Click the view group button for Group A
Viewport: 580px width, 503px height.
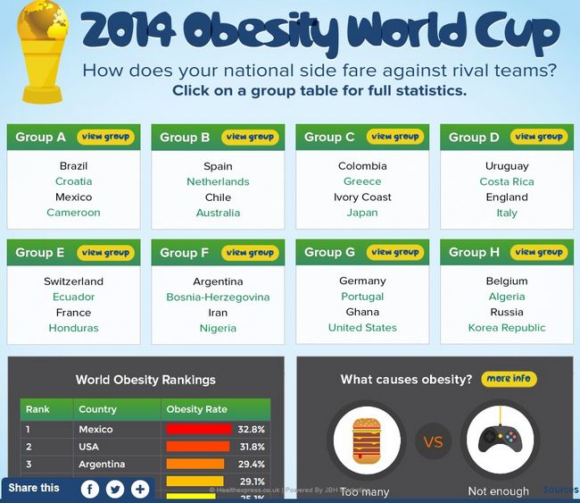coord(105,137)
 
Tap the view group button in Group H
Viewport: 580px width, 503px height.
coord(539,252)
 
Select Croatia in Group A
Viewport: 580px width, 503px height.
coord(73,181)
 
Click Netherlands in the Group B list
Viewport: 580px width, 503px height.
coord(218,181)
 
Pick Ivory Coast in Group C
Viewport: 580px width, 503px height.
coord(362,197)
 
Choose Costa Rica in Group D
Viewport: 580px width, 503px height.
coord(507,181)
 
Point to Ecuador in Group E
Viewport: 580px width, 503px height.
coord(73,297)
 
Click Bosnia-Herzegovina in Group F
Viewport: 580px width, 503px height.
coord(218,297)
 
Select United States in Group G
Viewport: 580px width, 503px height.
coord(362,328)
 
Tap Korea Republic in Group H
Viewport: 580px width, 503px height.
coord(507,328)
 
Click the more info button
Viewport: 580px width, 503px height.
coord(509,379)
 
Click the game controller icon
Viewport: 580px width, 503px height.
coord(500,441)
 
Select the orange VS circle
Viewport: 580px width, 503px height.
coord(433,441)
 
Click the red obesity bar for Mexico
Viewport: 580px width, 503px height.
coord(198,429)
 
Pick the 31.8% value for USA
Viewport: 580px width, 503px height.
coord(251,447)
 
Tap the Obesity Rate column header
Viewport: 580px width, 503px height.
coord(196,409)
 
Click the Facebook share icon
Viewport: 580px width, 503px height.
coord(90,489)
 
